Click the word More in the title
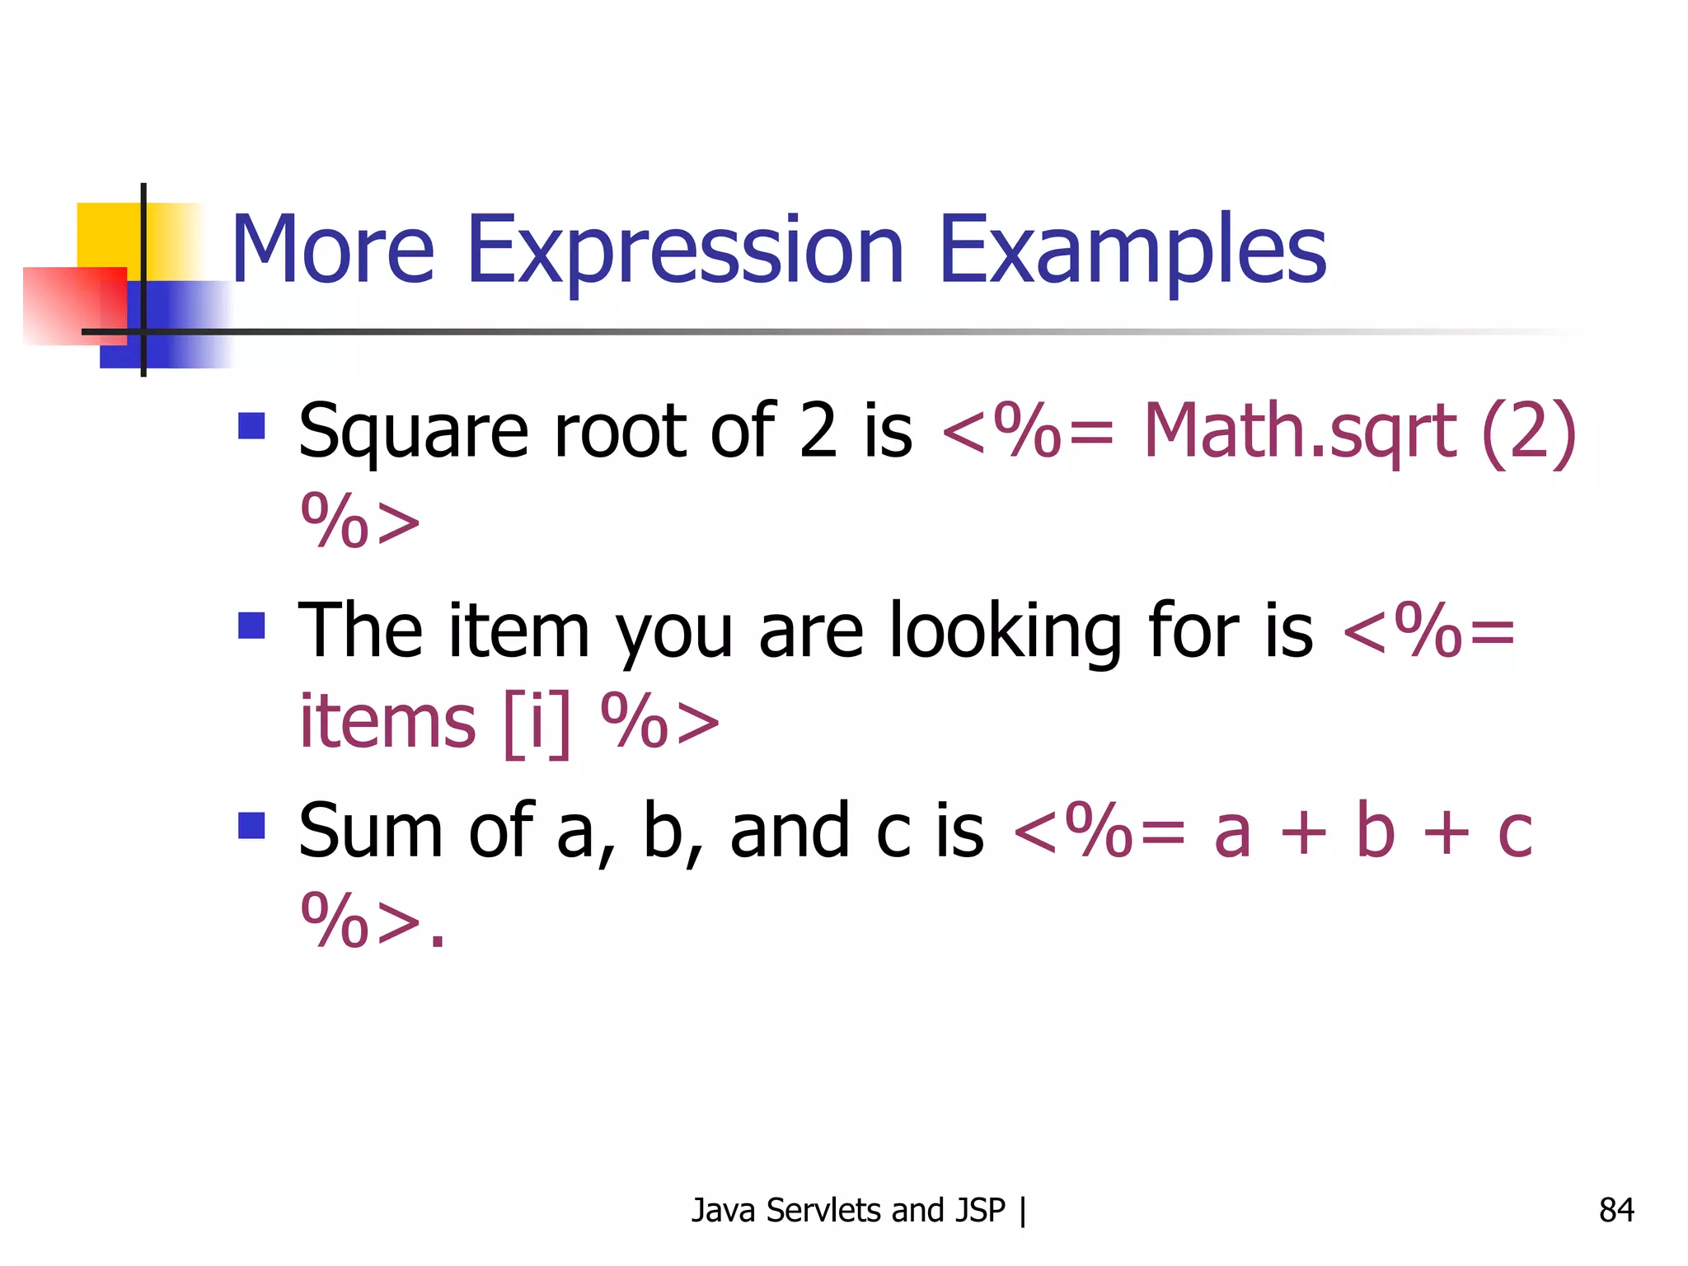pos(332,249)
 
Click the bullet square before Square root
pos(251,426)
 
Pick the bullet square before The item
pos(251,626)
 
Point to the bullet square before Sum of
pos(251,825)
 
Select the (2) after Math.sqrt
pos(1529,432)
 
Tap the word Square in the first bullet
pos(413,434)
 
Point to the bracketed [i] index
pos(537,721)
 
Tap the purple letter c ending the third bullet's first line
pos(1515,832)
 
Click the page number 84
pos(1616,1210)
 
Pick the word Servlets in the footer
pos(824,1210)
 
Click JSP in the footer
pos(981,1210)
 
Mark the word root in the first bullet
pos(620,432)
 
